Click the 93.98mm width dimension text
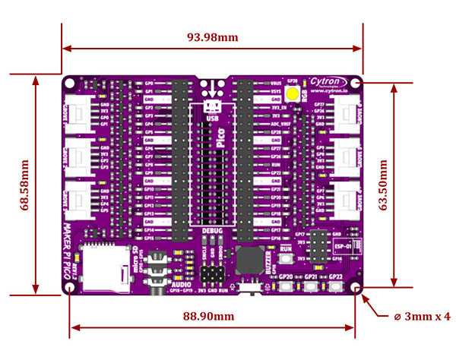(213, 36)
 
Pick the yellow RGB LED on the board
(293, 94)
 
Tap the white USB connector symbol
(211, 106)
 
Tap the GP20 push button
(287, 286)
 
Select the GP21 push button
(310, 286)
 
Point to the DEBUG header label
(212, 229)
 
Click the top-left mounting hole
(71, 81)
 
